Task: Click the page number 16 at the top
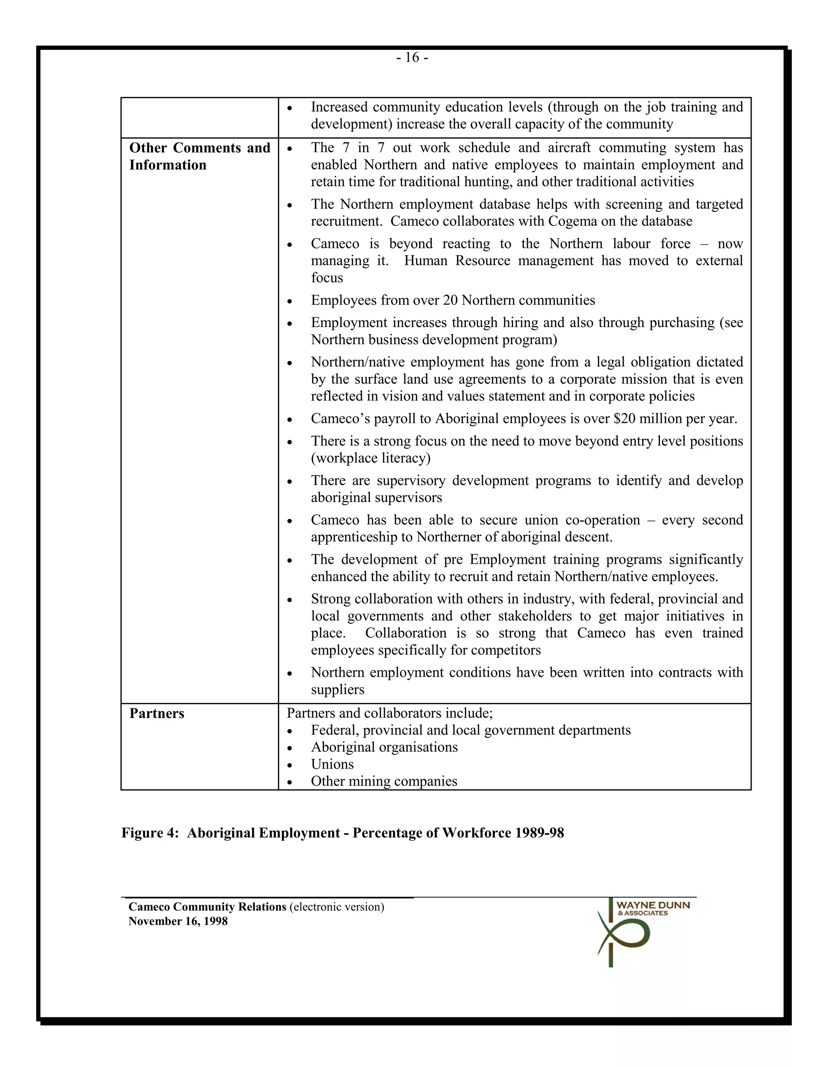point(412,58)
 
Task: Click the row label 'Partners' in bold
point(157,714)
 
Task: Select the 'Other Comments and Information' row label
point(199,156)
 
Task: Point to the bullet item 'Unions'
point(332,764)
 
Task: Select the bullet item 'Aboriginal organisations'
point(384,747)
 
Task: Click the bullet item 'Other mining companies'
point(384,781)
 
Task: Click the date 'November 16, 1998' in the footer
point(178,921)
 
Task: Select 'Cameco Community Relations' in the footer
point(207,907)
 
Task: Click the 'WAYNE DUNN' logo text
point(653,905)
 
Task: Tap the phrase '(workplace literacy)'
point(371,458)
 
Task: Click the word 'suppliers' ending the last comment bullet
point(337,690)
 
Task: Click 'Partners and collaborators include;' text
point(389,713)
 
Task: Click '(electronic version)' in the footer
point(337,907)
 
